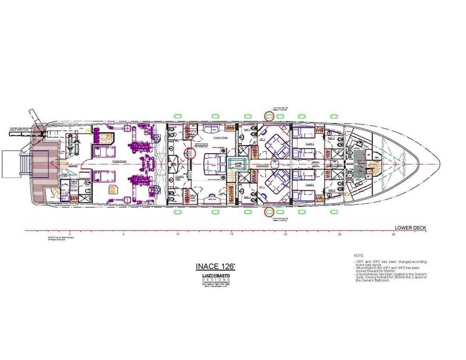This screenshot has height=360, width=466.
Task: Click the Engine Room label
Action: pyautogui.click(x=119, y=160)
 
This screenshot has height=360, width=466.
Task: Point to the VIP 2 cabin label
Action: pyautogui.click(x=262, y=187)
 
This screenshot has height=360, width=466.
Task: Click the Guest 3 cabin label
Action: pyautogui.click(x=310, y=143)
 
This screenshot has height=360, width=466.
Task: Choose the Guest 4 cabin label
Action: pyautogui.click(x=310, y=184)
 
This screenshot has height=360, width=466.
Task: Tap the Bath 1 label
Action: pyautogui.click(x=247, y=130)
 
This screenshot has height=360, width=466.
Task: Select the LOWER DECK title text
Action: pyautogui.click(x=410, y=228)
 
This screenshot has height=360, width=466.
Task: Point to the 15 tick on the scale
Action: pyautogui.click(x=232, y=234)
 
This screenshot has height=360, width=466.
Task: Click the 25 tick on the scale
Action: pyautogui.click(x=339, y=234)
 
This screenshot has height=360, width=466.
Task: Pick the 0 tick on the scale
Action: pyautogui.click(x=70, y=234)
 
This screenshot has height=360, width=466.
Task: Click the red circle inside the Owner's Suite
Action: pyautogui.click(x=191, y=153)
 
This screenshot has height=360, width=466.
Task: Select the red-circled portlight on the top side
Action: pyautogui.click(x=269, y=116)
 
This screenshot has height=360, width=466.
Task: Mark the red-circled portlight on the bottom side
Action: pyautogui.click(x=269, y=211)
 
